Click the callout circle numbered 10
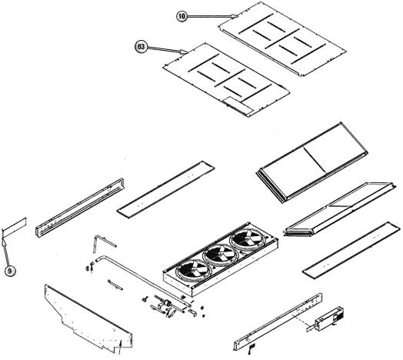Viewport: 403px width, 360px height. (x=182, y=16)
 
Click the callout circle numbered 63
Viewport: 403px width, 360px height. (x=141, y=47)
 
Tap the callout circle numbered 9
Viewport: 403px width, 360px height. (x=10, y=271)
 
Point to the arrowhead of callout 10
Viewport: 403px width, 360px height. (x=235, y=16)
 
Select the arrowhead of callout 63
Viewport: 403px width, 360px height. (x=184, y=52)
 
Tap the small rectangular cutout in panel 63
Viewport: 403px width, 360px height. (x=238, y=105)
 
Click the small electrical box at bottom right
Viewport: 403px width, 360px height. (x=330, y=318)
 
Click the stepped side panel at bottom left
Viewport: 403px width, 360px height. (x=88, y=318)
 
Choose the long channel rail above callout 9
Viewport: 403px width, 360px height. (x=79, y=207)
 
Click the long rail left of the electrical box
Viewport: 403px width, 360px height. (x=278, y=322)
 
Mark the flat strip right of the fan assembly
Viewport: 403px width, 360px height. (x=351, y=251)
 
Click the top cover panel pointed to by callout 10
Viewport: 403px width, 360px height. (x=282, y=38)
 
